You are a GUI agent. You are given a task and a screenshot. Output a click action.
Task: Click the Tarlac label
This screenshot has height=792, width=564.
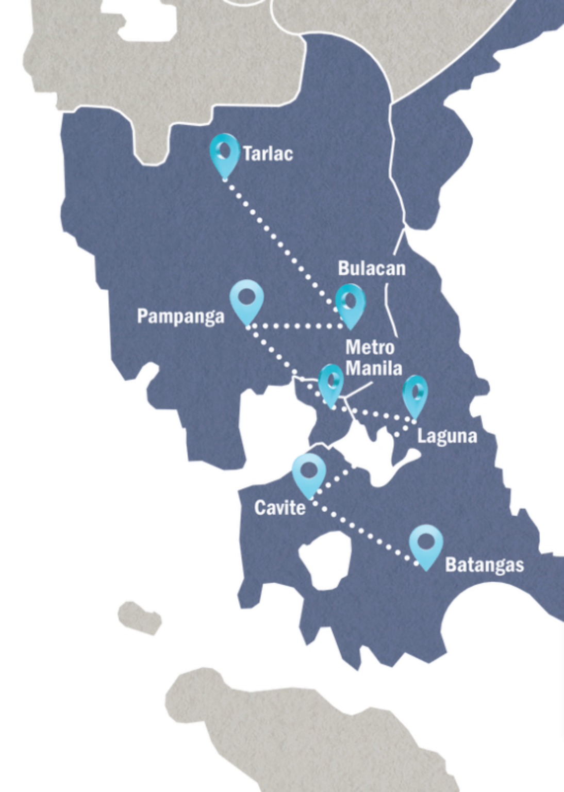268,154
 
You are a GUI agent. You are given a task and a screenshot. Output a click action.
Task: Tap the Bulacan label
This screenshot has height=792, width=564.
371,268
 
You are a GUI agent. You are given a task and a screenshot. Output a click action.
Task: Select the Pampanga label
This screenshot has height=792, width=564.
180,316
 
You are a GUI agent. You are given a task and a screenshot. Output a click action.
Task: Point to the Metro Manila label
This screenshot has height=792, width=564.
373,358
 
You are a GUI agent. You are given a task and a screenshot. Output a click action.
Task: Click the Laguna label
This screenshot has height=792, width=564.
446,436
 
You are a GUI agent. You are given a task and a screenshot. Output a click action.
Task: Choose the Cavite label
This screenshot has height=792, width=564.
279,508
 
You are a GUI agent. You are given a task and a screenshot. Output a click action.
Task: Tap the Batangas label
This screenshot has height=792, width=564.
484,565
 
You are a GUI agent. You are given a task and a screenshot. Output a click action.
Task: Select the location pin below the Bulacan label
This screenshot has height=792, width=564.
350,305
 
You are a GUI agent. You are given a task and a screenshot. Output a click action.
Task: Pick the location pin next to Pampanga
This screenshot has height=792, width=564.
247,301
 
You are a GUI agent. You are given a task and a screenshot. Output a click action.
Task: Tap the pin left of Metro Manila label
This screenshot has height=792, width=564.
331,385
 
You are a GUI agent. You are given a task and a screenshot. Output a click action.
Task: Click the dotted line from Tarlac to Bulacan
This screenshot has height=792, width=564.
278,242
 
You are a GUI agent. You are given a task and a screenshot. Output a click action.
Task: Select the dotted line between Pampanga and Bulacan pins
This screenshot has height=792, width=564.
296,326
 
